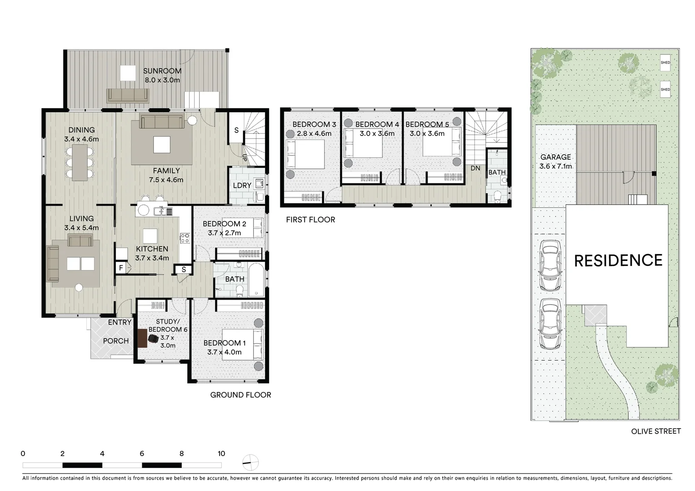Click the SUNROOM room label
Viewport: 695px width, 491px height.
(x=162, y=71)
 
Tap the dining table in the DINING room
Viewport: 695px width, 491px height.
(x=80, y=163)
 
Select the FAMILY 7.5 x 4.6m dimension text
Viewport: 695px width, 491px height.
(x=166, y=180)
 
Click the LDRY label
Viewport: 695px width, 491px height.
(x=242, y=185)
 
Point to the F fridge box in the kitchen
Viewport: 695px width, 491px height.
(x=121, y=268)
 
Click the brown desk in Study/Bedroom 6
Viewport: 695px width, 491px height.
(x=142, y=338)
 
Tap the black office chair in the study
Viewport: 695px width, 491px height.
(x=153, y=339)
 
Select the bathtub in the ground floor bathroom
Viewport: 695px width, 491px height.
(x=256, y=280)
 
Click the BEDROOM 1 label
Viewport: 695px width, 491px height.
(x=225, y=343)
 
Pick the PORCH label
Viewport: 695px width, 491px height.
(x=116, y=341)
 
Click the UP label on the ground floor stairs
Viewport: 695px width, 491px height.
(x=245, y=158)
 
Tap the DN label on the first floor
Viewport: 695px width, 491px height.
(x=475, y=168)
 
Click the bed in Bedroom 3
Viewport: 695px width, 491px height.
(x=305, y=154)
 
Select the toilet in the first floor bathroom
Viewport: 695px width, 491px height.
(x=497, y=196)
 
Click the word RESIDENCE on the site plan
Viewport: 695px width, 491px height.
(x=618, y=261)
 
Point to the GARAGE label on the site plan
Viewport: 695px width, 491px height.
(x=555, y=157)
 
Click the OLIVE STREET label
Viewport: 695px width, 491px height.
(x=656, y=431)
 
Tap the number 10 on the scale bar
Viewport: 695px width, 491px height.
(x=221, y=453)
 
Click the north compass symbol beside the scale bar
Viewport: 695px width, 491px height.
(x=250, y=463)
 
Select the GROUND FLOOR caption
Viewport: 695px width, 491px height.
(x=240, y=395)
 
